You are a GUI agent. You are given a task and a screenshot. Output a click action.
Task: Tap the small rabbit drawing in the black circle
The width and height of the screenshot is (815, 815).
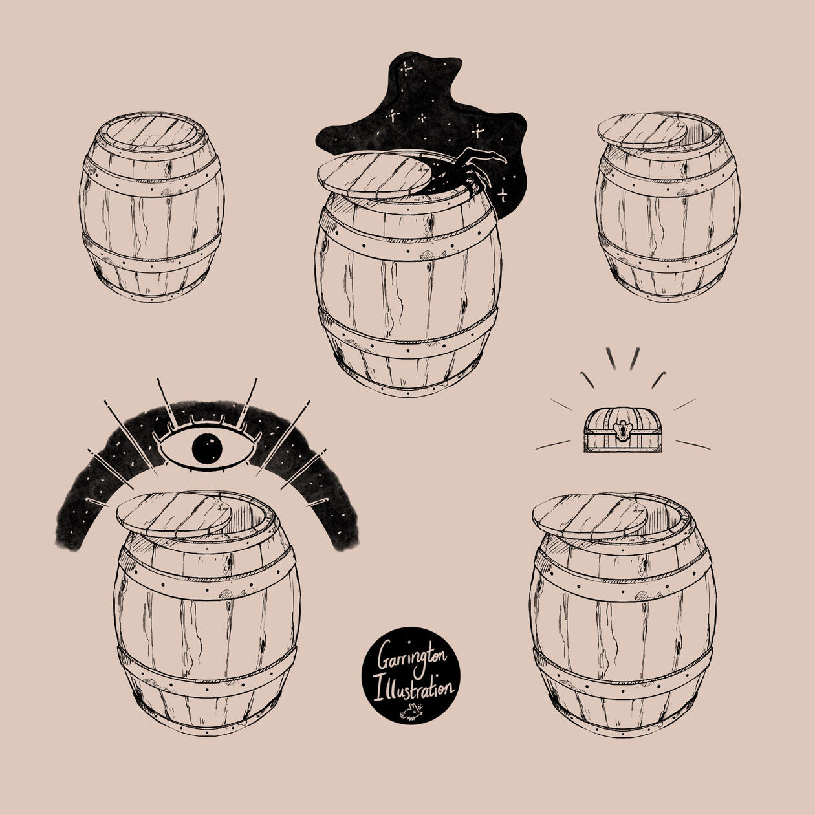coord(411,712)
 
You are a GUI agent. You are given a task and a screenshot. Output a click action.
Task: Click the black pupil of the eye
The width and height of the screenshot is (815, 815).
coord(207,448)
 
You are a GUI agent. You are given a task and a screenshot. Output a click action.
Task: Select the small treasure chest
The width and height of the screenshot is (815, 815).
coord(622,430)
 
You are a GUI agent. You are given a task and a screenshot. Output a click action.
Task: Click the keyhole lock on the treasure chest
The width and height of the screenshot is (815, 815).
coord(622,431)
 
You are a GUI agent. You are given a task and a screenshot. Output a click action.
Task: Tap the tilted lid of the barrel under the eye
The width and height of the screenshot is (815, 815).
coord(174,515)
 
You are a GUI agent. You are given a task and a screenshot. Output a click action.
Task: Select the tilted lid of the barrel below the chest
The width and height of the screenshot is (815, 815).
coord(590,516)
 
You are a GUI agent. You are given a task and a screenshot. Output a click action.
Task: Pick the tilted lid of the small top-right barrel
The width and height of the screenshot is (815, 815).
coord(642,131)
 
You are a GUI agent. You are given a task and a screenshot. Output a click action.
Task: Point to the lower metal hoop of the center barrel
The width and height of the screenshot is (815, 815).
coord(407,336)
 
